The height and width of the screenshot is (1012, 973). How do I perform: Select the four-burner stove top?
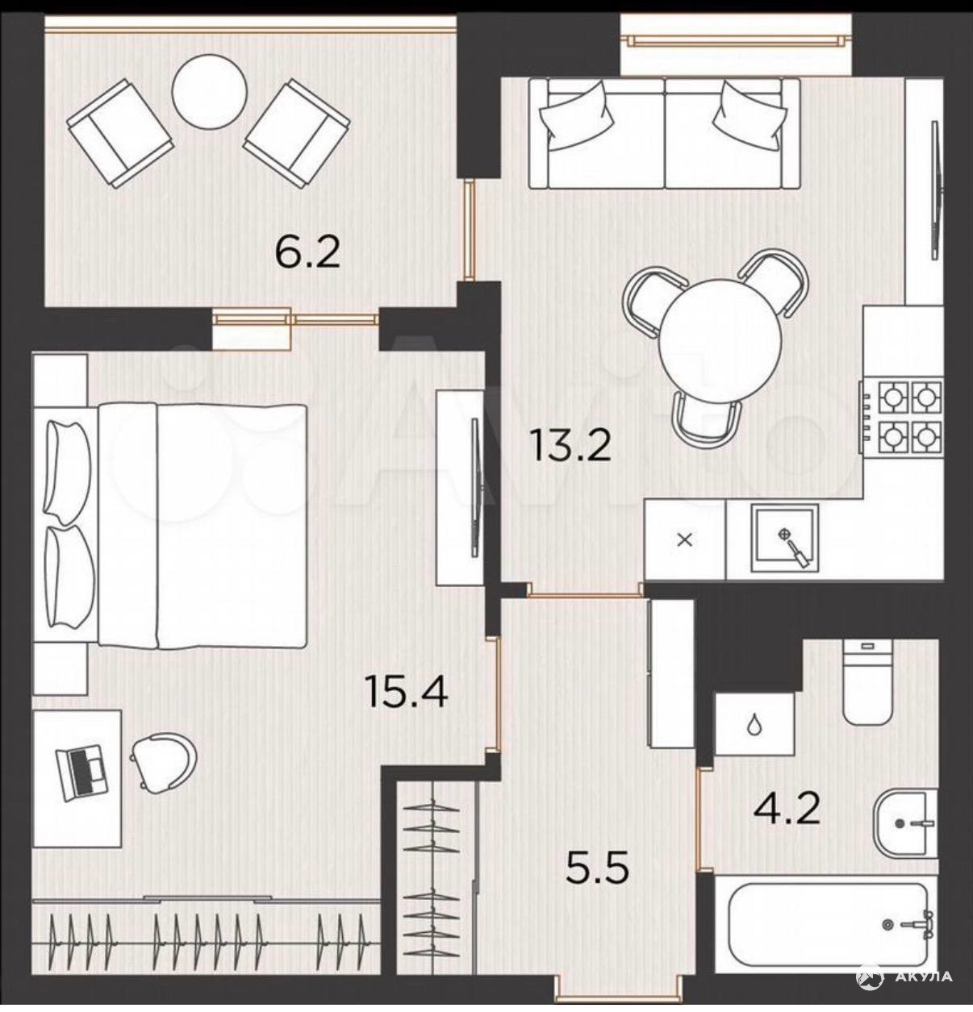(902, 417)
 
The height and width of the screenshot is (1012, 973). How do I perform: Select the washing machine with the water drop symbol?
(754, 724)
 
